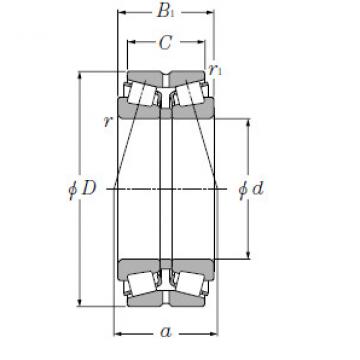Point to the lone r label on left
tap(106, 121)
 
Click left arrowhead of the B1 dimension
tap(121, 13)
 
